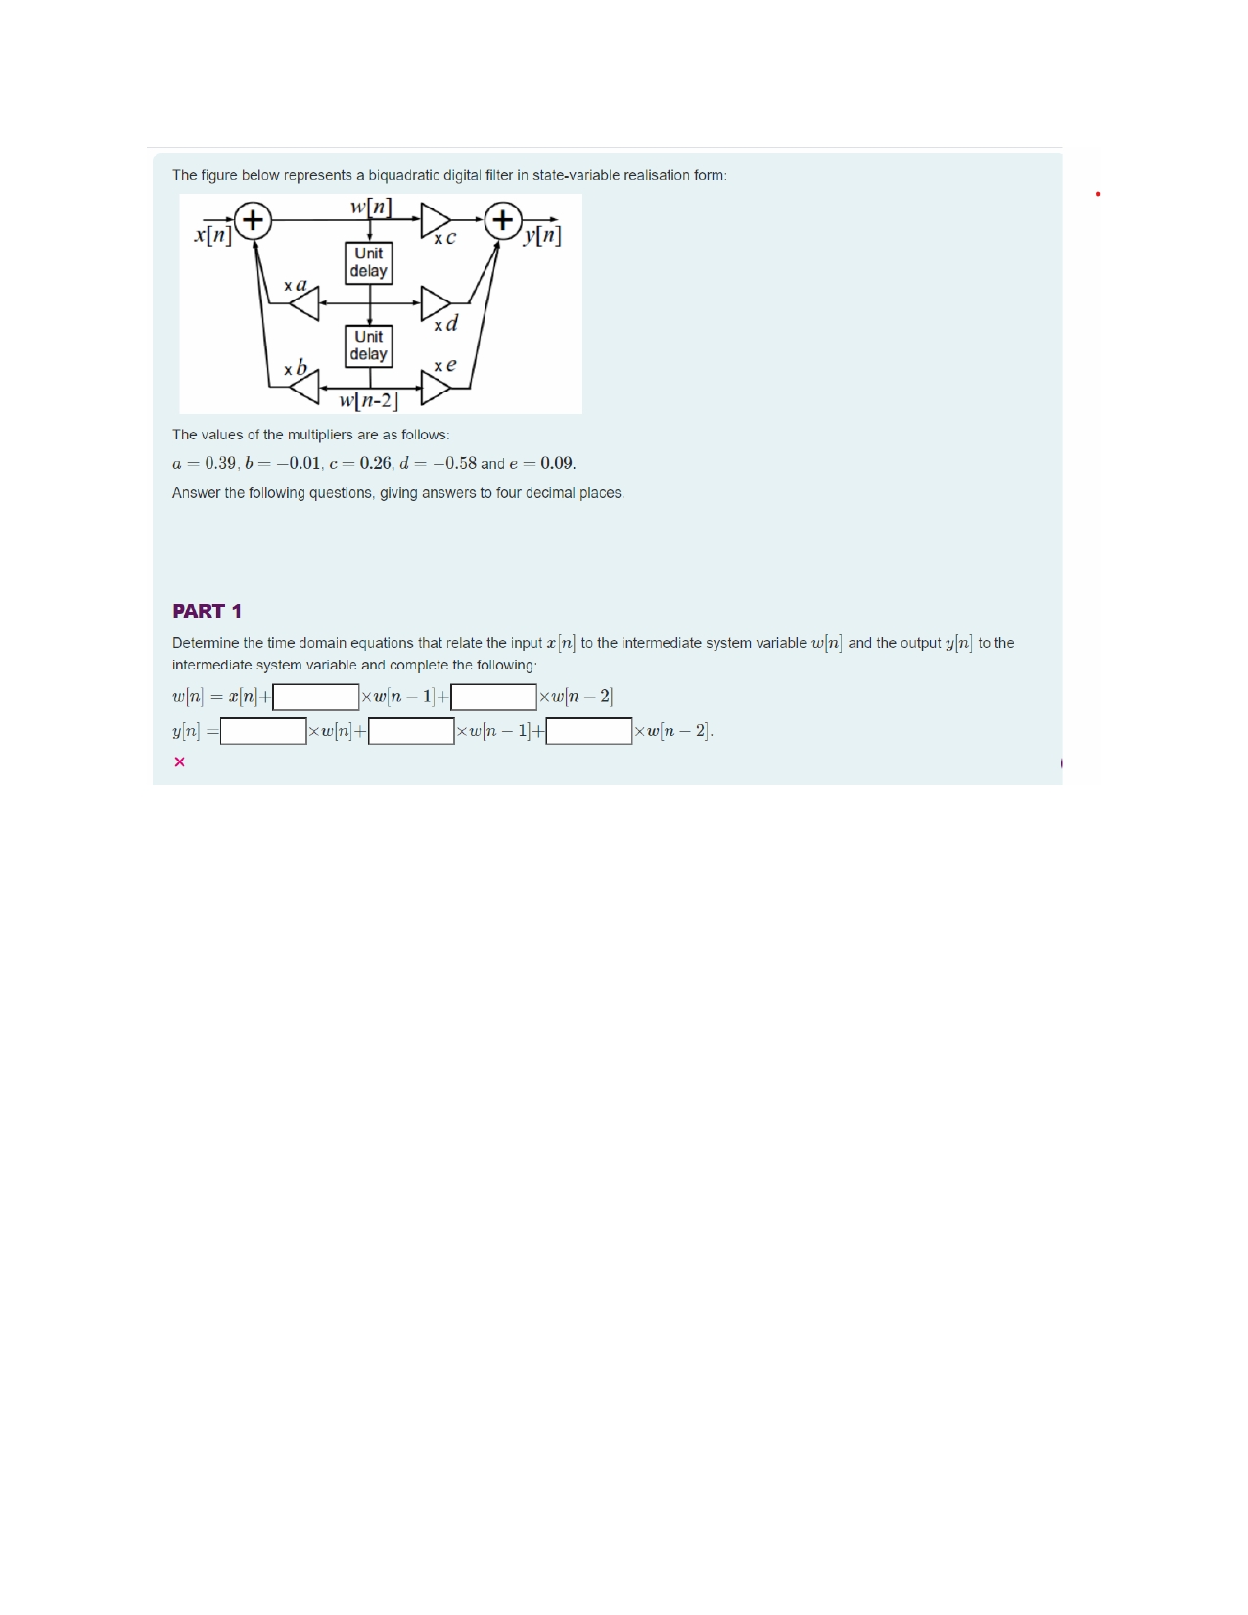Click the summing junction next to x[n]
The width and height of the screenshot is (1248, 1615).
[253, 219]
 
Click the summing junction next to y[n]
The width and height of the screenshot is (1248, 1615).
[503, 219]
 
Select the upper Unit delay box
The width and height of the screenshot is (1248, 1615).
[369, 262]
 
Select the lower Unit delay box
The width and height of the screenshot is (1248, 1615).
[369, 346]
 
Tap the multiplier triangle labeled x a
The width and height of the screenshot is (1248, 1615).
[305, 304]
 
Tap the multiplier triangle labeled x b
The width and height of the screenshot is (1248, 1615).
[305, 389]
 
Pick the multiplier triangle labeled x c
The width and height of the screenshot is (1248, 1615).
[436, 220]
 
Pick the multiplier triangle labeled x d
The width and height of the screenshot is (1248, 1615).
[436, 303]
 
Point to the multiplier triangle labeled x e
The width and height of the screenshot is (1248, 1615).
[436, 389]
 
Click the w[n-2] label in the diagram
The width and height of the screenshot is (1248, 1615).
[368, 401]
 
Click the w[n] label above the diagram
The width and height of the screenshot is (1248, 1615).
[371, 207]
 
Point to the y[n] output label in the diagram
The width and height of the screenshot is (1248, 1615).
[542, 236]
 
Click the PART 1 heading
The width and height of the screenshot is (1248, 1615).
[207, 611]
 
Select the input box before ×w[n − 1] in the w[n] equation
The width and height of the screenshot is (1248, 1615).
[316, 697]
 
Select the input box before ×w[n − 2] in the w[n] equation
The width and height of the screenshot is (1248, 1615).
[493, 697]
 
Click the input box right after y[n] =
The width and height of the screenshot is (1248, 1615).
[263, 731]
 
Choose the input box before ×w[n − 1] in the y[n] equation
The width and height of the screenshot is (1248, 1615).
[411, 731]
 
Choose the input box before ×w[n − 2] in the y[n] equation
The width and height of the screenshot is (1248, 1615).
[589, 731]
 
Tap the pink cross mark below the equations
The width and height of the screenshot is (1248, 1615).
[179, 761]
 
